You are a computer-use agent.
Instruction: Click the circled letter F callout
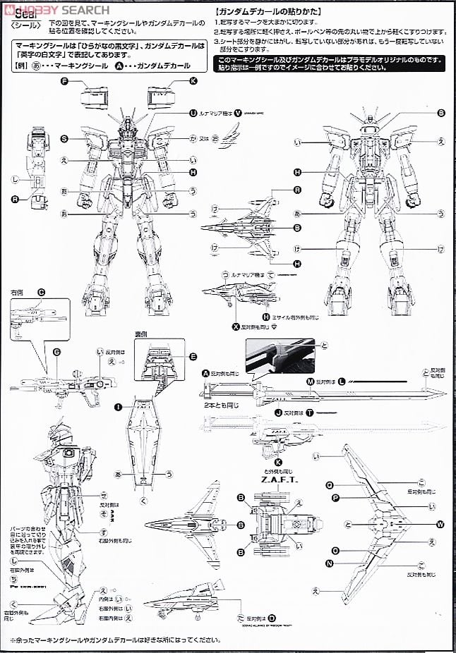pyautogui.click(x=64, y=81)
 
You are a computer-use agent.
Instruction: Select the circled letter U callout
pyautogui.click(x=193, y=113)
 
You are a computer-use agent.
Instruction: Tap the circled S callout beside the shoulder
pyautogui.click(x=64, y=138)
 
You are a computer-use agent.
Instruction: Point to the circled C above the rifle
pyautogui.click(x=41, y=292)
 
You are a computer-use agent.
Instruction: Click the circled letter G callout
pyautogui.click(x=56, y=351)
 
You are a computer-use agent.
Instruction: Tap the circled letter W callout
pyautogui.click(x=440, y=524)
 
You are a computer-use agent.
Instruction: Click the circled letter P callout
pyautogui.click(x=335, y=498)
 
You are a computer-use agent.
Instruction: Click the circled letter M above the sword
pyautogui.click(x=310, y=381)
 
